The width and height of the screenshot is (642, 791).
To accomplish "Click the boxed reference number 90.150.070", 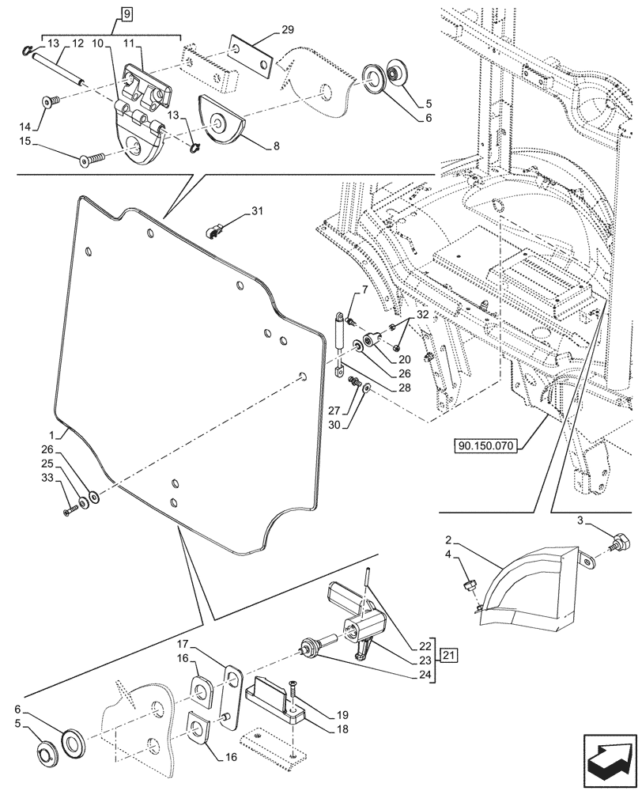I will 485,446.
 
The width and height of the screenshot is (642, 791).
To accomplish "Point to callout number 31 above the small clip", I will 257,211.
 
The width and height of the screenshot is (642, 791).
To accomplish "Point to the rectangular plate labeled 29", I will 251,56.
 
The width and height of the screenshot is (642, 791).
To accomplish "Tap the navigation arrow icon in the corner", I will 610,759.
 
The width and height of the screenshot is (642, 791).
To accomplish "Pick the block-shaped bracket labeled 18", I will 276,701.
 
